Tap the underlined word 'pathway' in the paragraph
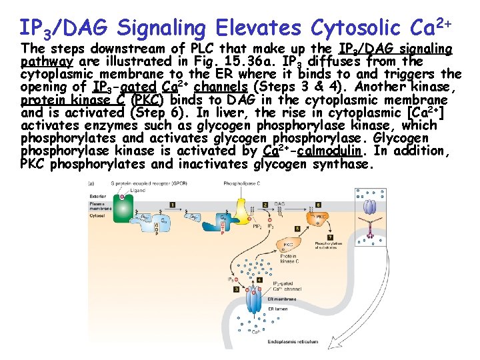pyautogui.click(x=41, y=61)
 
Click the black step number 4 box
pyautogui.click(x=259, y=280)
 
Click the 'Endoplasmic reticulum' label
pyautogui.click(x=291, y=341)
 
